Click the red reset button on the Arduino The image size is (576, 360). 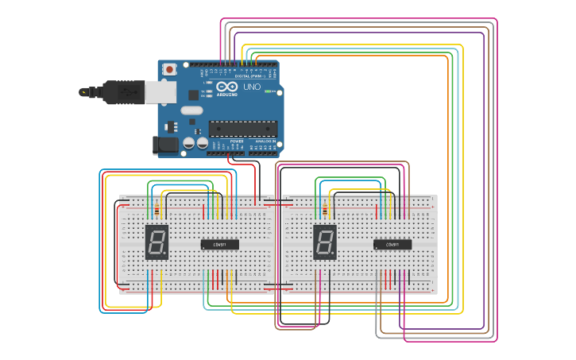169,70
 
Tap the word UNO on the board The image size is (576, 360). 251,87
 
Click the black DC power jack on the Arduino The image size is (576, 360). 162,145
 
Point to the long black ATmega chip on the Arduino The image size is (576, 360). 243,129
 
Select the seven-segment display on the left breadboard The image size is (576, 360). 157,241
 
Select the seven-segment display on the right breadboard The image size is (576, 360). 325,241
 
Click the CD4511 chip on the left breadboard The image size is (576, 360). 219,245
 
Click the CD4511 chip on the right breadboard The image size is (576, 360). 392,245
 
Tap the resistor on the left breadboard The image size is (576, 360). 157,210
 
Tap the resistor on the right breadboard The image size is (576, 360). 325,210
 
